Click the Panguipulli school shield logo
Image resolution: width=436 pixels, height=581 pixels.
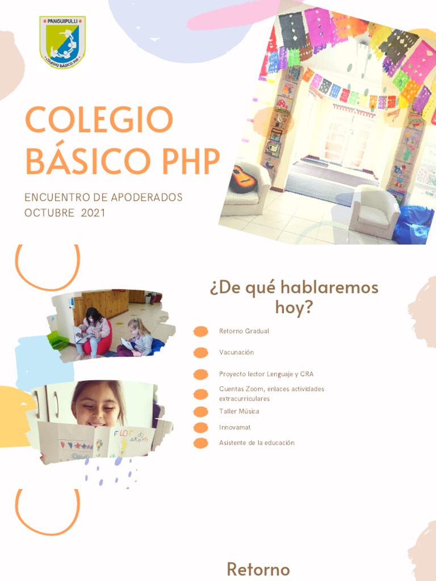62,43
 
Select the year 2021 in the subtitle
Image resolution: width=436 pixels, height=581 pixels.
93,213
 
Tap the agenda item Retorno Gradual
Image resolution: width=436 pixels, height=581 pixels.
244,331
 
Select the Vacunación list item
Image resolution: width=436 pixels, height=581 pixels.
236,352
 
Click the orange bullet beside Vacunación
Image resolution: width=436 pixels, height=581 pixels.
200,353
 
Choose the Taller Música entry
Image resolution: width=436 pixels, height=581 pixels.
239,411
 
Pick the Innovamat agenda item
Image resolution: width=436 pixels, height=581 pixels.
235,427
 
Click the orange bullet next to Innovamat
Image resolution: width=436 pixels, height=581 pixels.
200,427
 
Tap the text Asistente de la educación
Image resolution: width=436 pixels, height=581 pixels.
257,443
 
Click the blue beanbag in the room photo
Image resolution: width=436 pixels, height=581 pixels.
415,224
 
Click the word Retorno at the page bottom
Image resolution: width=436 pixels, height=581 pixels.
258,569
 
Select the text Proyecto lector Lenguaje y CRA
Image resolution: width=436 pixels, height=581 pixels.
266,374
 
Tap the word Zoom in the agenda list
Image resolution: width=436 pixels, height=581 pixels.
253,389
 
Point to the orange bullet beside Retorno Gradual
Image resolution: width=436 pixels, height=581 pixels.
200,331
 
